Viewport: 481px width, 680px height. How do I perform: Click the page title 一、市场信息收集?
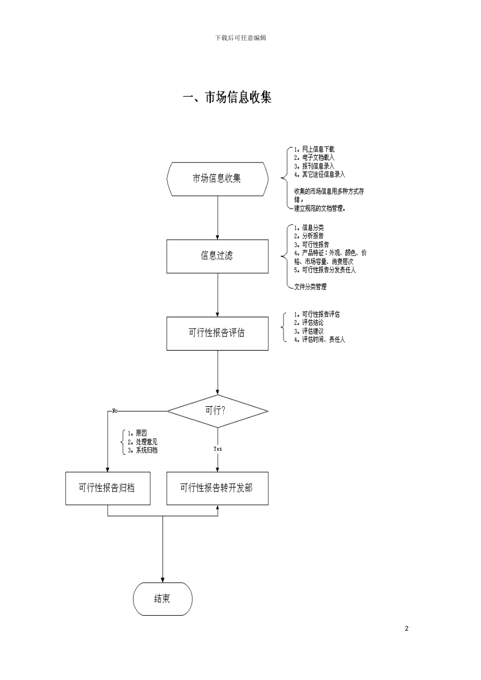click(x=227, y=97)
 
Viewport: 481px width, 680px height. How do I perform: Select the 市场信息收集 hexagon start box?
click(x=217, y=179)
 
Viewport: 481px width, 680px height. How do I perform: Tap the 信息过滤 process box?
click(x=217, y=256)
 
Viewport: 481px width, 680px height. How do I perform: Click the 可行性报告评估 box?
click(x=217, y=333)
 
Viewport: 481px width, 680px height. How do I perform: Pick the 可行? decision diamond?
click(x=217, y=411)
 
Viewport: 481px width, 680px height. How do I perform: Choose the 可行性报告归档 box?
click(x=107, y=488)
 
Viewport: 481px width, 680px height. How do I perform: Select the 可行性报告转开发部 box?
click(x=217, y=488)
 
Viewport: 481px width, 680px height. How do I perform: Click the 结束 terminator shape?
click(x=163, y=599)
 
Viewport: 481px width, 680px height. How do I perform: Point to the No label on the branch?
click(x=115, y=411)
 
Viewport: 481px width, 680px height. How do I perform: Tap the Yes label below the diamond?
click(x=218, y=449)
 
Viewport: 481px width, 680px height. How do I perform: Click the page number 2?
click(x=407, y=629)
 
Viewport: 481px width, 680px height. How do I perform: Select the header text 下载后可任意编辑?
click(x=240, y=38)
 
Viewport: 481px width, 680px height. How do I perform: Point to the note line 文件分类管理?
click(x=310, y=287)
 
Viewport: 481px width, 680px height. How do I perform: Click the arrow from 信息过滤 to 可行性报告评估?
click(x=218, y=295)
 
